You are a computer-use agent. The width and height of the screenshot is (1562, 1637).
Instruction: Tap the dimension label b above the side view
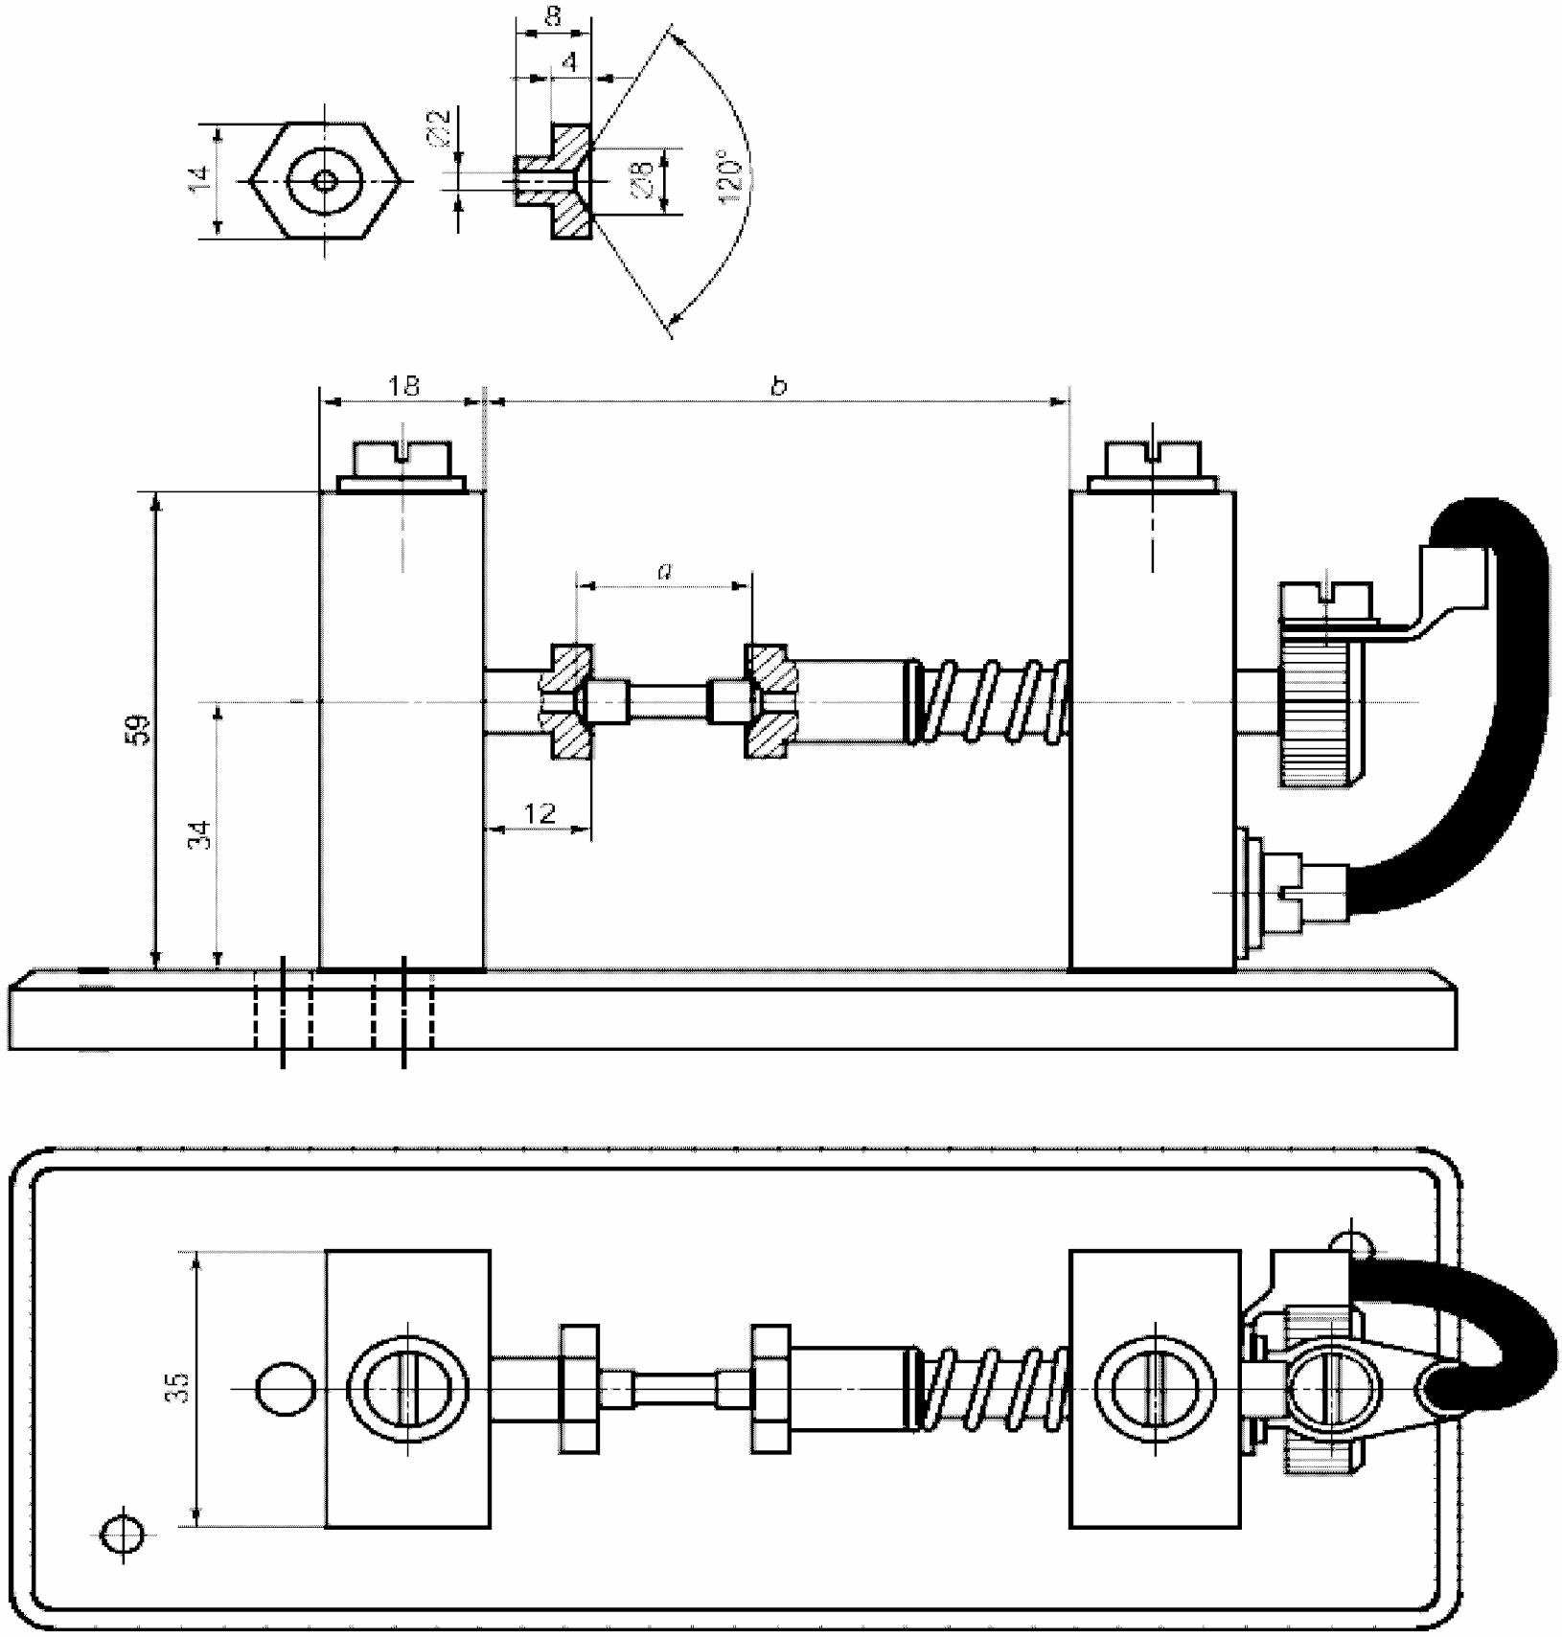779,386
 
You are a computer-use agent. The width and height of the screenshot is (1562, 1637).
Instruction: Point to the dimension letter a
664,572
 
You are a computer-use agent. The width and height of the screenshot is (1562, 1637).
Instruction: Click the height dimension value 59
140,730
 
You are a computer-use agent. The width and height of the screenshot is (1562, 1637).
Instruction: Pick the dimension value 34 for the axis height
200,835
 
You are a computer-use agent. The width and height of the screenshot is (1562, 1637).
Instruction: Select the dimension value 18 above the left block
403,386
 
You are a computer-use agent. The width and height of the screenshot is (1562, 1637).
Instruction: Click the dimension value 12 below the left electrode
540,813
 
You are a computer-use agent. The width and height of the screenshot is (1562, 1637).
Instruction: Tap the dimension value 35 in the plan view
178,1387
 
